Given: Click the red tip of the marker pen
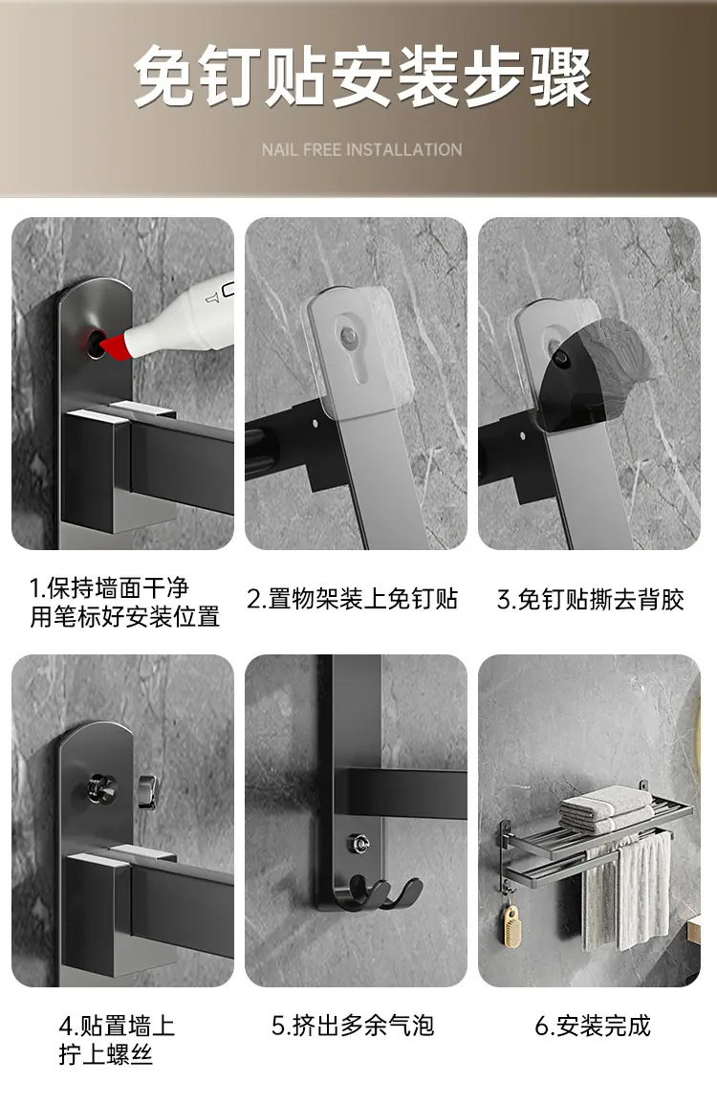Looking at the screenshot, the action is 114,345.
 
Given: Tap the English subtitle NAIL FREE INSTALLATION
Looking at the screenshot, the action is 362,149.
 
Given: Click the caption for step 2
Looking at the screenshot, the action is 353,599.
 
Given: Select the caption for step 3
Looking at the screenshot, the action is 590,599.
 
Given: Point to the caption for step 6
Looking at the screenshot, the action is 593,1026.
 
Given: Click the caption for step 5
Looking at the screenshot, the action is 353,1026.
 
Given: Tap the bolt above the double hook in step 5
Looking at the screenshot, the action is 358,842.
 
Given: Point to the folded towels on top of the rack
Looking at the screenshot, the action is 606,807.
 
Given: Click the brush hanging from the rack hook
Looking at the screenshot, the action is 509,924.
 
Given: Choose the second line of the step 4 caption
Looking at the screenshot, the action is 106,1055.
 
